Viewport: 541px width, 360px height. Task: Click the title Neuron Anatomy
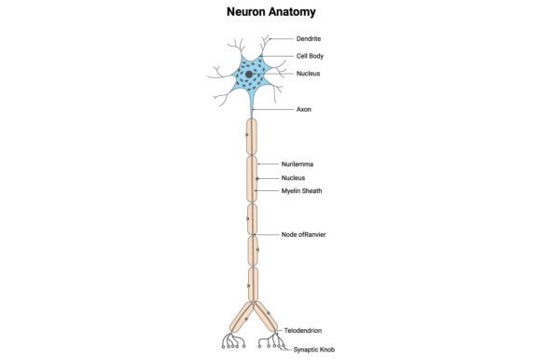(x=270, y=12)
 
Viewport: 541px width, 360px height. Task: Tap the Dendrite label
(x=309, y=38)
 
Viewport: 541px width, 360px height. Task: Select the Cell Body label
(x=310, y=56)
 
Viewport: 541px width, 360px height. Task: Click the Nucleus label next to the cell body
(x=308, y=74)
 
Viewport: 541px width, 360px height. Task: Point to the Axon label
(x=304, y=109)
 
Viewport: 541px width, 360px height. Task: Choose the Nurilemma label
(x=297, y=164)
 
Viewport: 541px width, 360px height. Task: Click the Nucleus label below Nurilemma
(x=293, y=178)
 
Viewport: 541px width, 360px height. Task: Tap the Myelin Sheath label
(x=301, y=190)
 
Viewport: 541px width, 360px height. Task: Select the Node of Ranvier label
(x=303, y=234)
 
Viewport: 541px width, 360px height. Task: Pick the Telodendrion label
(x=303, y=330)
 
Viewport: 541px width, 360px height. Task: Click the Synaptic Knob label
(x=314, y=350)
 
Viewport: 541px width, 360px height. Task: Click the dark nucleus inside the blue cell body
(x=249, y=74)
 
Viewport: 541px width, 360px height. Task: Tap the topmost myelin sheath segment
(x=252, y=137)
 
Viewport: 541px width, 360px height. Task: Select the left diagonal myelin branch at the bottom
(x=242, y=317)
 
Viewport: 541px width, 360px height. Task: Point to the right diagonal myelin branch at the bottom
(x=265, y=317)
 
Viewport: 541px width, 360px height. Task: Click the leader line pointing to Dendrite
(x=281, y=38)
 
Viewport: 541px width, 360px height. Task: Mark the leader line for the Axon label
(x=272, y=109)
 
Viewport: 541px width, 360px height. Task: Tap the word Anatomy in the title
(x=292, y=12)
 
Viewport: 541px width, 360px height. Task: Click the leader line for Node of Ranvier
(x=267, y=234)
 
